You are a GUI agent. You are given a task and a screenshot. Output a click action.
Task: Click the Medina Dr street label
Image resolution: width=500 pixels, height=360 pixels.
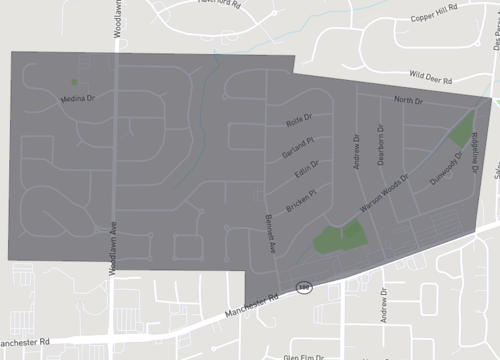pyautogui.click(x=76, y=99)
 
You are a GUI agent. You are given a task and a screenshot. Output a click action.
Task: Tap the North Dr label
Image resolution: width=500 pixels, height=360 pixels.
pyautogui.click(x=408, y=101)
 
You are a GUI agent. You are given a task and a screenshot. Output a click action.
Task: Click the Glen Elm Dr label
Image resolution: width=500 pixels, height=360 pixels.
pyautogui.click(x=306, y=356)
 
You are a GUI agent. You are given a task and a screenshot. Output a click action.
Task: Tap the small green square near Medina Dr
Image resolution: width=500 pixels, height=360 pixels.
pyautogui.click(x=73, y=82)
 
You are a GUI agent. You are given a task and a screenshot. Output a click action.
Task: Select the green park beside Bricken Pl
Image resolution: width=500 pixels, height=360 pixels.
pyautogui.click(x=339, y=237)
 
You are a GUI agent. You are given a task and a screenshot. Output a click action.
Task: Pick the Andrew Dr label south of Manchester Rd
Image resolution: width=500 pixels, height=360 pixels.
pyautogui.click(x=382, y=306)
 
